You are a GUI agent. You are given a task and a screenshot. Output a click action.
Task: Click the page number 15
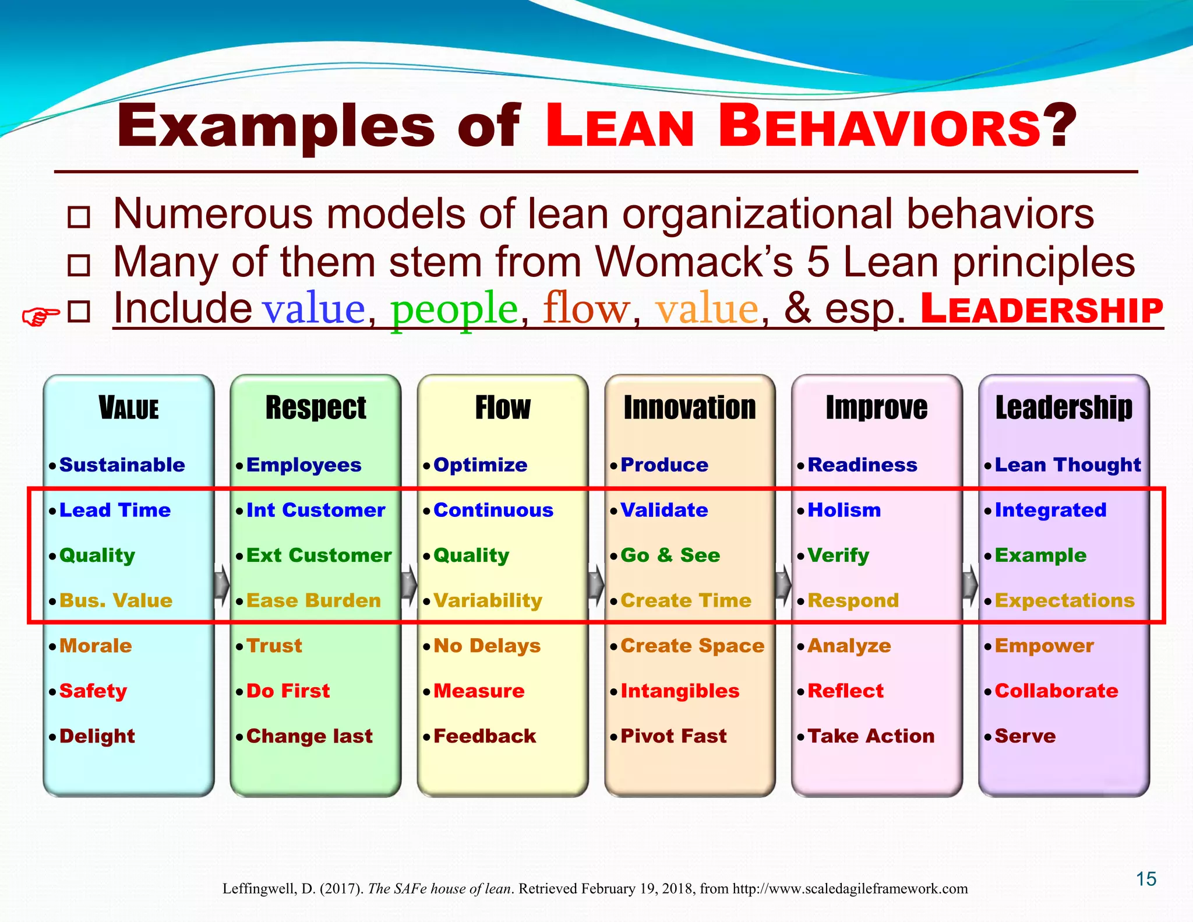pos(1146,879)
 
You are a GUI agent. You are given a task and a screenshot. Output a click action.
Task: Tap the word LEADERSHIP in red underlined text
pos(1042,309)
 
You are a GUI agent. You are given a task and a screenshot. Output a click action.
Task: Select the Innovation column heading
pos(690,407)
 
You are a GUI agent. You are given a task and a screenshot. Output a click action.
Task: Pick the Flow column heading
pos(503,407)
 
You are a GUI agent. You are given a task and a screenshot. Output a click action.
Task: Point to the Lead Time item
pos(115,511)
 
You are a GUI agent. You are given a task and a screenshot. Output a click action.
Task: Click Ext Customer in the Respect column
pos(319,555)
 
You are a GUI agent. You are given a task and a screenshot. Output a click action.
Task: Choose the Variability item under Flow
pos(488,601)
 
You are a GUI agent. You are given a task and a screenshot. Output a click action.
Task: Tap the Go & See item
pos(670,555)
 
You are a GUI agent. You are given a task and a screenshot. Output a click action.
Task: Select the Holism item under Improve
pos(844,511)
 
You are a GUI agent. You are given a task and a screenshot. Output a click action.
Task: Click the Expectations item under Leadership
pos(1064,601)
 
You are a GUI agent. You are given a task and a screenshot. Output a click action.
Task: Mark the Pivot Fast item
pos(673,737)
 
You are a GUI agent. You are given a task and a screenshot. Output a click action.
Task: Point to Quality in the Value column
pos(97,555)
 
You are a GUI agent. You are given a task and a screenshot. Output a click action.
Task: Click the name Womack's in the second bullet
pos(694,262)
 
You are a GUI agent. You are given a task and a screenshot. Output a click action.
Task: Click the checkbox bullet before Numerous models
pos(79,217)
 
